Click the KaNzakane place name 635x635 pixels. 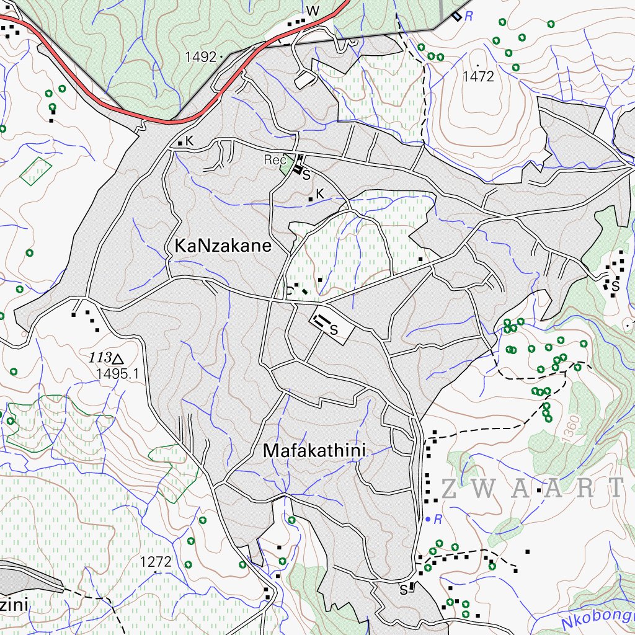click(223, 246)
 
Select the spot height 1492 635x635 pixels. click(200, 57)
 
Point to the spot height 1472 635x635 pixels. click(478, 76)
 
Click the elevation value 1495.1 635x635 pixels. click(117, 374)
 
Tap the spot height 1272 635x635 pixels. click(155, 562)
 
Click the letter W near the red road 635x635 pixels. click(312, 11)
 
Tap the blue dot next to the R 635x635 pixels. click(427, 518)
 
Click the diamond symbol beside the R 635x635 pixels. click(456, 16)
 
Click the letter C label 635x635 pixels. click(288, 290)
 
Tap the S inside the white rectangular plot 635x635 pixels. click(334, 330)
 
